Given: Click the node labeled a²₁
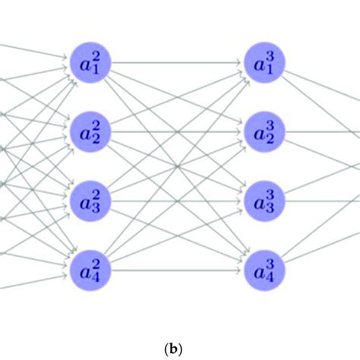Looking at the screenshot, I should [91, 63].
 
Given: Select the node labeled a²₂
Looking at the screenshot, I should [91, 132].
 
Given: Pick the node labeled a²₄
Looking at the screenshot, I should [91, 270].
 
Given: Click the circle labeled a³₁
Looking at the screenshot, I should [266, 63].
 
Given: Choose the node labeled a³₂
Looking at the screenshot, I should [266, 132].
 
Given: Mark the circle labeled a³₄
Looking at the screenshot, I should [266, 270].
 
